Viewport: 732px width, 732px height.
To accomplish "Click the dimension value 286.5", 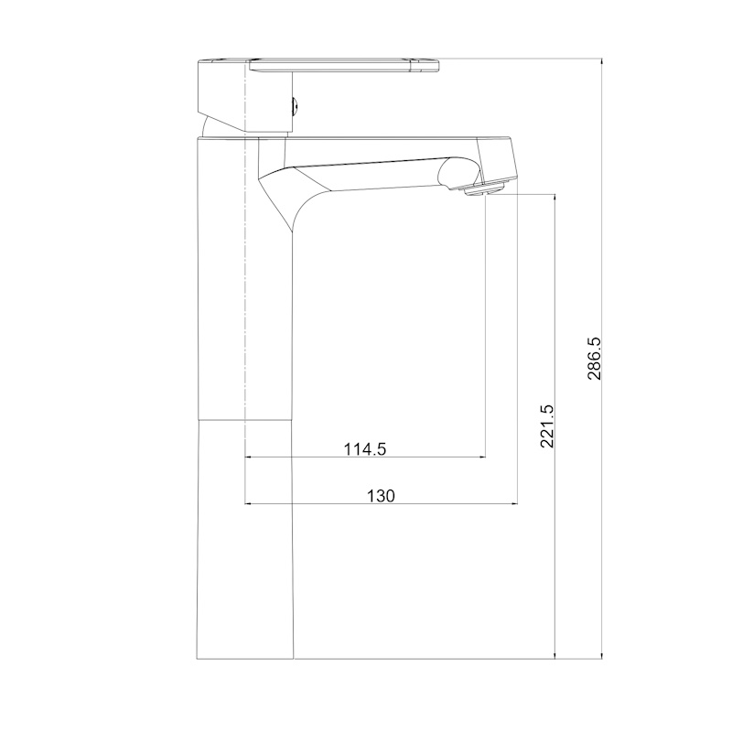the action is [595, 359].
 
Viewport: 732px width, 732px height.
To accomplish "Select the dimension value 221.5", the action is [547, 426].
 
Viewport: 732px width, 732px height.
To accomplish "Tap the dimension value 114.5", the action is [365, 449].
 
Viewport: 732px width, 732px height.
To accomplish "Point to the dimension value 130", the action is [381, 496].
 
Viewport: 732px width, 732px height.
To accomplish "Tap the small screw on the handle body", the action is [296, 106].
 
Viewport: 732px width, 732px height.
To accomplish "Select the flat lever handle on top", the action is [345, 65].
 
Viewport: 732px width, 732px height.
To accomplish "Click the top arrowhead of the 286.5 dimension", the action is [602, 64].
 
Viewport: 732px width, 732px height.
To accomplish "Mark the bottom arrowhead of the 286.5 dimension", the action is [602, 654].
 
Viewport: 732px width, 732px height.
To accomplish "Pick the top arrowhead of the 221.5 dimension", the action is [555, 198].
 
